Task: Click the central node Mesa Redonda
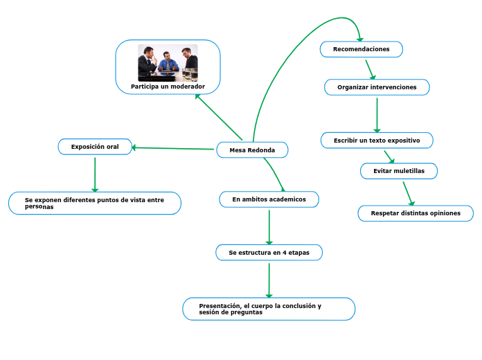252,150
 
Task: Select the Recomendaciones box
361,49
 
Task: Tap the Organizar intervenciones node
377,87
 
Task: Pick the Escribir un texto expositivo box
377,141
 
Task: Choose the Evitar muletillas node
398,170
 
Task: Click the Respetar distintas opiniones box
416,213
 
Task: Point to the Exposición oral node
95,147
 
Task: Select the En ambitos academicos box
269,199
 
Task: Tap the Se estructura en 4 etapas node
269,253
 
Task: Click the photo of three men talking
168,62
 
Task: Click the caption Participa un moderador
168,87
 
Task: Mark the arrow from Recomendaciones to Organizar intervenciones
371,69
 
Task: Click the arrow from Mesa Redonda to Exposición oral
173,148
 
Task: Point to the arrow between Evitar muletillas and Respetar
408,192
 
